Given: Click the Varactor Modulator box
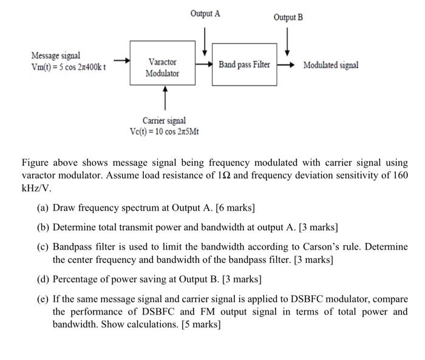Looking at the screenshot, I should [x=162, y=67].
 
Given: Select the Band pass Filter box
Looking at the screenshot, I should [x=244, y=64].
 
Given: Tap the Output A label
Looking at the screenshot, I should [x=205, y=13].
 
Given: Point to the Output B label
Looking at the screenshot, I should [x=288, y=18].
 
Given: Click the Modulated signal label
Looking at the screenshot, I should [x=331, y=65].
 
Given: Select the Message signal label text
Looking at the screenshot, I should [x=55, y=56].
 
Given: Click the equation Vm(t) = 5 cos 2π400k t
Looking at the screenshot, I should [x=69, y=67].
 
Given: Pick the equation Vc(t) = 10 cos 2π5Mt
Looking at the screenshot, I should [x=164, y=132].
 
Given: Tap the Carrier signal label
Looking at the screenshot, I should [x=164, y=121].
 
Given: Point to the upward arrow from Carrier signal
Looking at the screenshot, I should [x=163, y=97].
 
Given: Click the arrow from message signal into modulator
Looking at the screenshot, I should [x=121, y=61].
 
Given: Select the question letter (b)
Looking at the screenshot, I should [x=42, y=228].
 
